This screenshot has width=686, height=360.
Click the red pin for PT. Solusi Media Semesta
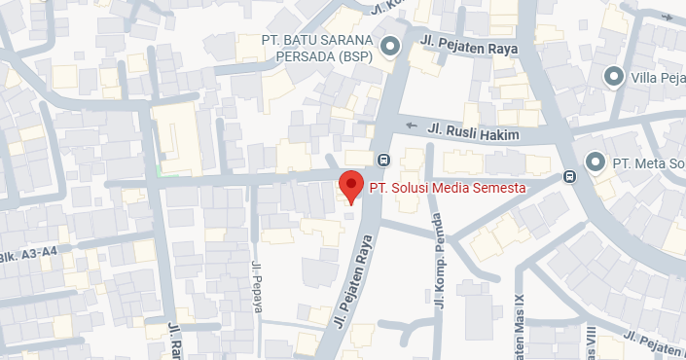pos(350,184)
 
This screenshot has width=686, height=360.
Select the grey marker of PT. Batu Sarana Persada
pos(390,46)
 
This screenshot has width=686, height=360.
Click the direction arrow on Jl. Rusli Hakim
pos(411,126)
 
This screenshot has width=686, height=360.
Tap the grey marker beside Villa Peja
pos(614,76)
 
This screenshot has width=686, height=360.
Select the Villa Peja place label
pos(658,77)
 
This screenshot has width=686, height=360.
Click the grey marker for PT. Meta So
pos(596,161)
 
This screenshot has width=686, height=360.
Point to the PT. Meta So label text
pos(647,162)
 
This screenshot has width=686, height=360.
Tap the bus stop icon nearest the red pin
pos(383,161)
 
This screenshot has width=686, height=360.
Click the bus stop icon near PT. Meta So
pos(569,177)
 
